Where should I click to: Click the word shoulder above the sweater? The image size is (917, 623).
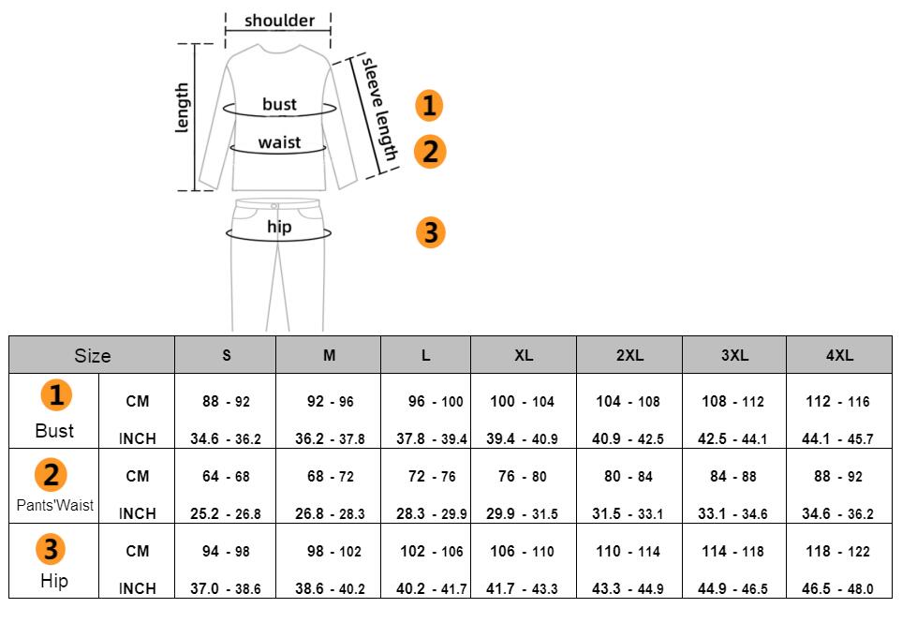pos(279,21)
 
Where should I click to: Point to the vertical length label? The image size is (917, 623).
pos(183,108)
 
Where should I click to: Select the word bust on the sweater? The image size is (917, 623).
pos(279,104)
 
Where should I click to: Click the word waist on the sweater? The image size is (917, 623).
pos(279,142)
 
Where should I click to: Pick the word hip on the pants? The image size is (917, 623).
pos(279,227)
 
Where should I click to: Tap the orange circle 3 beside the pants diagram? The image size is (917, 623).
pos(430,231)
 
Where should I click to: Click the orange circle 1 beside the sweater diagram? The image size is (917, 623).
pos(429,106)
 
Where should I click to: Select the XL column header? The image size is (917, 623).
pos(524,356)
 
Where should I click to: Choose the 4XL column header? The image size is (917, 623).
pos(839,356)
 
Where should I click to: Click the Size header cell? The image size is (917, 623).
pos(92,356)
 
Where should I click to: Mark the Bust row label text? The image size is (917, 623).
pos(54,431)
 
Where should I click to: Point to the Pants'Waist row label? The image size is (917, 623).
pos(55,505)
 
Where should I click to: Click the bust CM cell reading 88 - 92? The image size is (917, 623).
pos(226,402)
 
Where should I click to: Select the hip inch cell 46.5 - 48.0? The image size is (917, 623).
pos(837,589)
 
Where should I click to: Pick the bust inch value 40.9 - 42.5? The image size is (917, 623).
pos(628,439)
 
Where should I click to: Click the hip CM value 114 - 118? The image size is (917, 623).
pos(733,552)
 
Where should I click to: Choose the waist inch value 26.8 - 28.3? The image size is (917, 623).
pos(330,514)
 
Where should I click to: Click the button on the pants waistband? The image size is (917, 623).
pos(274,206)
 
